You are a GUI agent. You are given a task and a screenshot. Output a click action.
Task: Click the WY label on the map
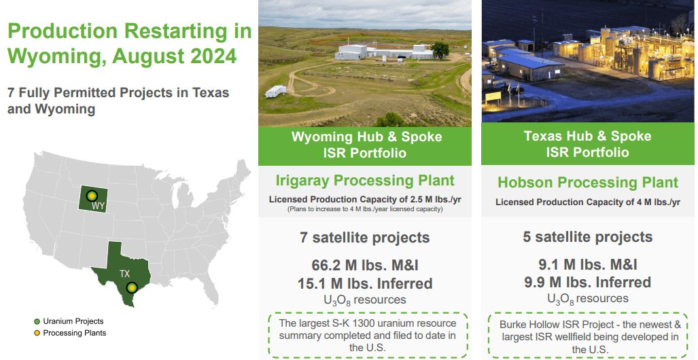98,206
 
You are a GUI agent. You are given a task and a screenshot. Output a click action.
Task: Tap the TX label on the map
124,274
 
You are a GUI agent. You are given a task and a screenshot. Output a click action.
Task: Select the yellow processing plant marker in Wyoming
92,196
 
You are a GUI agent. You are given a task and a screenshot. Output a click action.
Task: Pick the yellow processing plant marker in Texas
131,288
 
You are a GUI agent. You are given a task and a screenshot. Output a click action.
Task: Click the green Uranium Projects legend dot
37,321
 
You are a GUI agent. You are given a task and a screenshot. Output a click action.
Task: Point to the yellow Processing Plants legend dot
37,333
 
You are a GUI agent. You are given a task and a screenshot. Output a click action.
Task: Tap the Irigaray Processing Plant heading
365,181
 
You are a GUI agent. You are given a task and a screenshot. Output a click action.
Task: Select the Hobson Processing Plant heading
588,183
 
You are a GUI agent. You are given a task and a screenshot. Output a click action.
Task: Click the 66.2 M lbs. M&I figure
365,266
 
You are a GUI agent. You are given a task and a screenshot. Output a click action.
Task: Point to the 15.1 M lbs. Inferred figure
365,283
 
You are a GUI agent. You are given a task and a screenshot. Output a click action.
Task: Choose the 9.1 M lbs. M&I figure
588,265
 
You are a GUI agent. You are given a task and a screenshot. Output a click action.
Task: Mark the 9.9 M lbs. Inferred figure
588,282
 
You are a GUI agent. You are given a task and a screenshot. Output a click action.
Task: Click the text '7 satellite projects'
365,238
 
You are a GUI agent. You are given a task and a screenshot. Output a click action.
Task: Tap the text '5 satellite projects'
588,237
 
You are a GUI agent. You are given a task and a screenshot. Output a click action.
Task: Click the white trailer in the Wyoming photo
275,91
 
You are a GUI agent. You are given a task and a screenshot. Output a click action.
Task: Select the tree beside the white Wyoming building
440,50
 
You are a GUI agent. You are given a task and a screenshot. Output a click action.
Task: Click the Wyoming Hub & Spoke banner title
367,145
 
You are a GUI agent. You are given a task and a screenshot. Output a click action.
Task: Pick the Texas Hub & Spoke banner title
588,144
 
